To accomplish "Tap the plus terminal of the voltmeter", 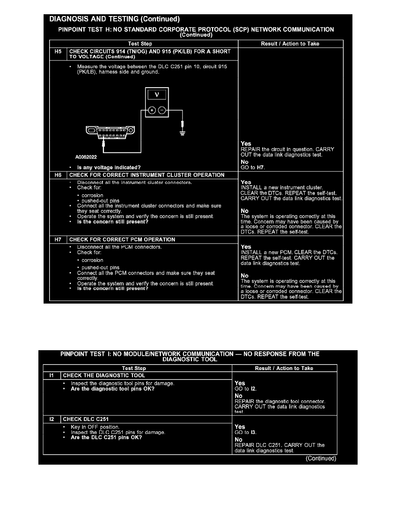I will pos(152,111).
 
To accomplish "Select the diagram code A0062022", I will pos(86,158).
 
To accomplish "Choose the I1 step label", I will pos(51,375).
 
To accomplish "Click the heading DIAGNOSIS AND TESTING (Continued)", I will pos(114,19).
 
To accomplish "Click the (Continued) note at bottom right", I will pos(321,459).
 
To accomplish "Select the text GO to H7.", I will pos(252,167).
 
